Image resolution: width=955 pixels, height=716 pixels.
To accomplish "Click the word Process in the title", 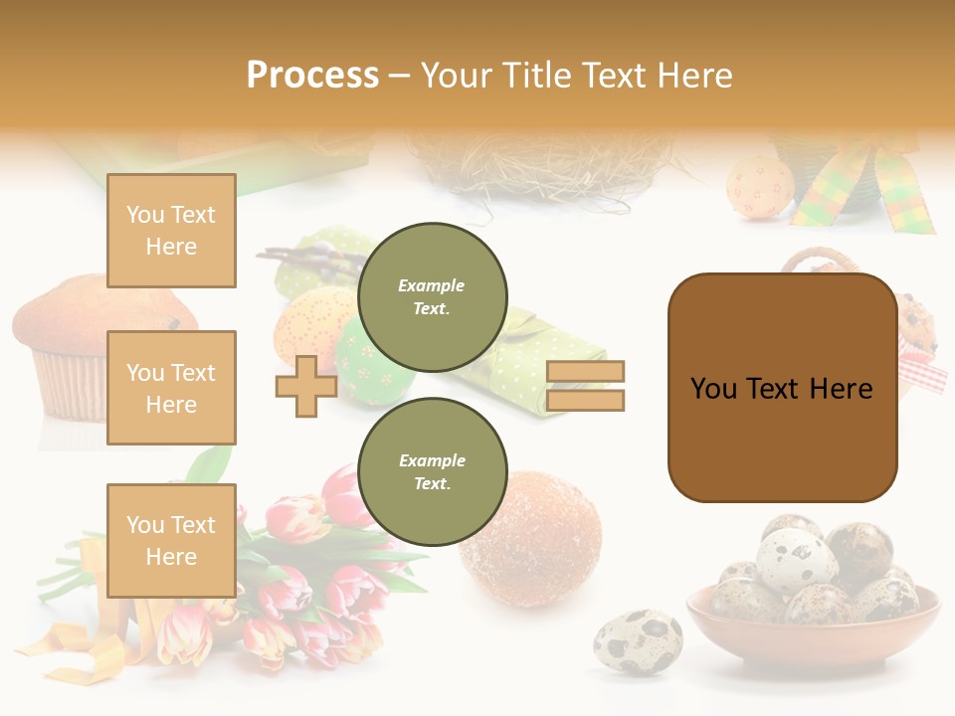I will coord(312,75).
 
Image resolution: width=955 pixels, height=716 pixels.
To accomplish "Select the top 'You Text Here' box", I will coord(171,231).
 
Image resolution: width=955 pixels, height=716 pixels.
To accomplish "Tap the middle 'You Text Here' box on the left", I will coord(171,388).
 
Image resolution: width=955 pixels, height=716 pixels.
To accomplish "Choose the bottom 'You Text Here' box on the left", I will coord(171,540).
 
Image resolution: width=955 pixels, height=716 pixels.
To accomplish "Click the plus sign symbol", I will coord(306,386).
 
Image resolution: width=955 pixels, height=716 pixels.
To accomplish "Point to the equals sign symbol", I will coord(585,386).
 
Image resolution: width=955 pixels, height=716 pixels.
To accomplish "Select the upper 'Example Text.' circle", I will coord(432,296).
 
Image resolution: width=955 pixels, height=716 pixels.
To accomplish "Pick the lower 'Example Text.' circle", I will coord(432,471).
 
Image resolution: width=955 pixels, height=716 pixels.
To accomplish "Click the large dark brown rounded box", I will coord(782,388).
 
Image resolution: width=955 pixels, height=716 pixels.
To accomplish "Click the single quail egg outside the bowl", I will coord(638,642).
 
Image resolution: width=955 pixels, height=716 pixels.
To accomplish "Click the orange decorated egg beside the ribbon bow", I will coord(760,185).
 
